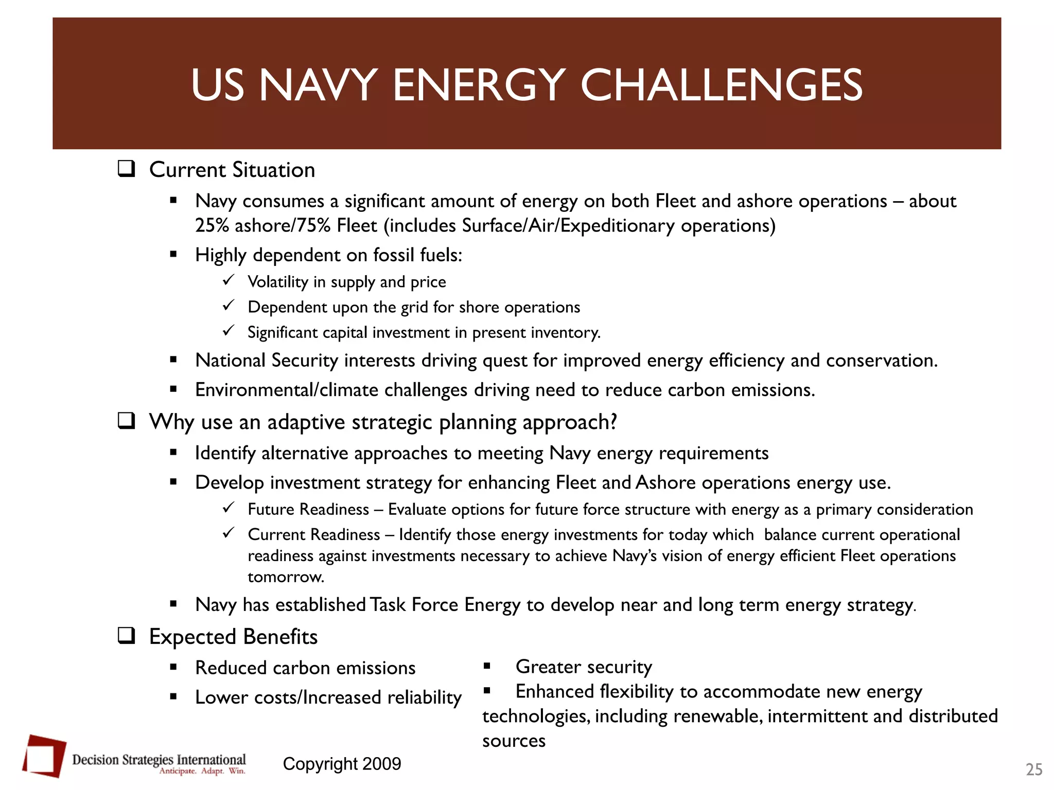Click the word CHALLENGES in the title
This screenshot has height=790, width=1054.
pyautogui.click(x=722, y=85)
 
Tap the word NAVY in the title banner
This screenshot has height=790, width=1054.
pyautogui.click(x=319, y=85)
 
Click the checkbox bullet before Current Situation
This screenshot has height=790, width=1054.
pyautogui.click(x=126, y=169)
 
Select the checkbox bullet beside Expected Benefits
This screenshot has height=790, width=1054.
pyautogui.click(x=126, y=636)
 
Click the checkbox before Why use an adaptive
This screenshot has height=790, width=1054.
pyautogui.click(x=126, y=421)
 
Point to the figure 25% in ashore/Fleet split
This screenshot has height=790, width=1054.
pyautogui.click(x=212, y=226)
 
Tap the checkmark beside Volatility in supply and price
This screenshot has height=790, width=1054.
pyautogui.click(x=229, y=280)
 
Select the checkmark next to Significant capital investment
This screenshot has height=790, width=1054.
pyautogui.click(x=229, y=331)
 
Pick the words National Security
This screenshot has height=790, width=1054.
pyautogui.click(x=266, y=361)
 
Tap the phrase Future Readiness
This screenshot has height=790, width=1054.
pyautogui.click(x=308, y=510)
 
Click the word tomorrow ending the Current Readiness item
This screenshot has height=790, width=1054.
pyautogui.click(x=285, y=577)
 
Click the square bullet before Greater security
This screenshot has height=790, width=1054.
pyautogui.click(x=487, y=667)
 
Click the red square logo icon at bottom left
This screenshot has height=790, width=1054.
pyautogui.click(x=44, y=756)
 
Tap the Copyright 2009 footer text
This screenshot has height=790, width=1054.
pyautogui.click(x=342, y=764)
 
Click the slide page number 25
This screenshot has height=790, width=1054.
pyautogui.click(x=1033, y=769)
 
